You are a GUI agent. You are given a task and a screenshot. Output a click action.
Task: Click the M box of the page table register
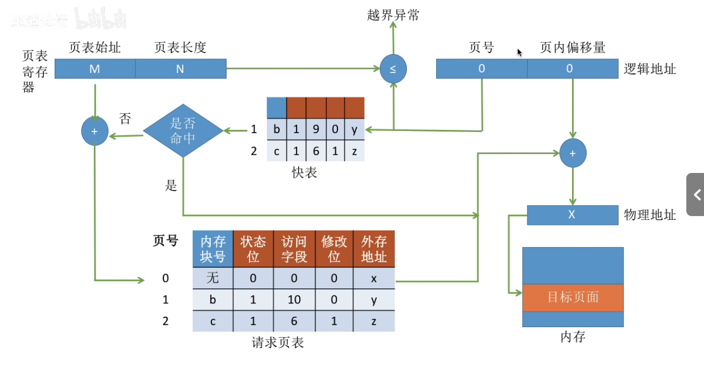pyautogui.click(x=95, y=69)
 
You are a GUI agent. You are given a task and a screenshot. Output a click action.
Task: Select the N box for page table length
pyautogui.click(x=180, y=69)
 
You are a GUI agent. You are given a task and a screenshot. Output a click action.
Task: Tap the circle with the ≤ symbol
pyautogui.click(x=393, y=69)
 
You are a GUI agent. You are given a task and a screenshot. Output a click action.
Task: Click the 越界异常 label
pyautogui.click(x=393, y=15)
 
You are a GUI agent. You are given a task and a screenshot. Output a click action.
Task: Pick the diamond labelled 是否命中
pyautogui.click(x=183, y=131)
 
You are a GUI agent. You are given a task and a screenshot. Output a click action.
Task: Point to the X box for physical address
pyautogui.click(x=572, y=214)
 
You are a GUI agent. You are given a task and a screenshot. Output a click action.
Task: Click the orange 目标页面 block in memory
pyautogui.click(x=573, y=297)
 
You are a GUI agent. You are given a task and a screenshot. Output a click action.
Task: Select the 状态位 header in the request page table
pyautogui.click(x=253, y=249)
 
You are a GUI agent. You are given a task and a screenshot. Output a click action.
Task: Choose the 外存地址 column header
pyautogui.click(x=374, y=249)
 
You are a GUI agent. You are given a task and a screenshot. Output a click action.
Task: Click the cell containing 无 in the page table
pyautogui.click(x=213, y=278)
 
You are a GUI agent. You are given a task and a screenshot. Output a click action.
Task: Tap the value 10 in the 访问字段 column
pyautogui.click(x=293, y=300)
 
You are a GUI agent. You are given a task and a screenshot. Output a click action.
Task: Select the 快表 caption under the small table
pyautogui.click(x=304, y=173)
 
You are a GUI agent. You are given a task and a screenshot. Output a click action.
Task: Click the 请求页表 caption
pyautogui.click(x=278, y=343)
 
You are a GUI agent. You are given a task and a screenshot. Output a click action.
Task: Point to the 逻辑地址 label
pyautogui.click(x=650, y=69)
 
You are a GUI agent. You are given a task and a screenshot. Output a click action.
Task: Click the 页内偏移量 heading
pyautogui.click(x=573, y=48)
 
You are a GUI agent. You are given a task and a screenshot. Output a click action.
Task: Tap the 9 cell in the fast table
pyautogui.click(x=316, y=130)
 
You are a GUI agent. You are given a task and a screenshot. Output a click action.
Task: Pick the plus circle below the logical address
pyautogui.click(x=573, y=153)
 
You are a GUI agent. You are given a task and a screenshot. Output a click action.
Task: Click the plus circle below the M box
pyautogui.click(x=95, y=132)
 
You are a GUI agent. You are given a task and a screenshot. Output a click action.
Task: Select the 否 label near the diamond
pyautogui.click(x=125, y=119)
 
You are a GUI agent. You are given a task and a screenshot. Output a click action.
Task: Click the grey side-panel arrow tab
pyautogui.click(x=696, y=195)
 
